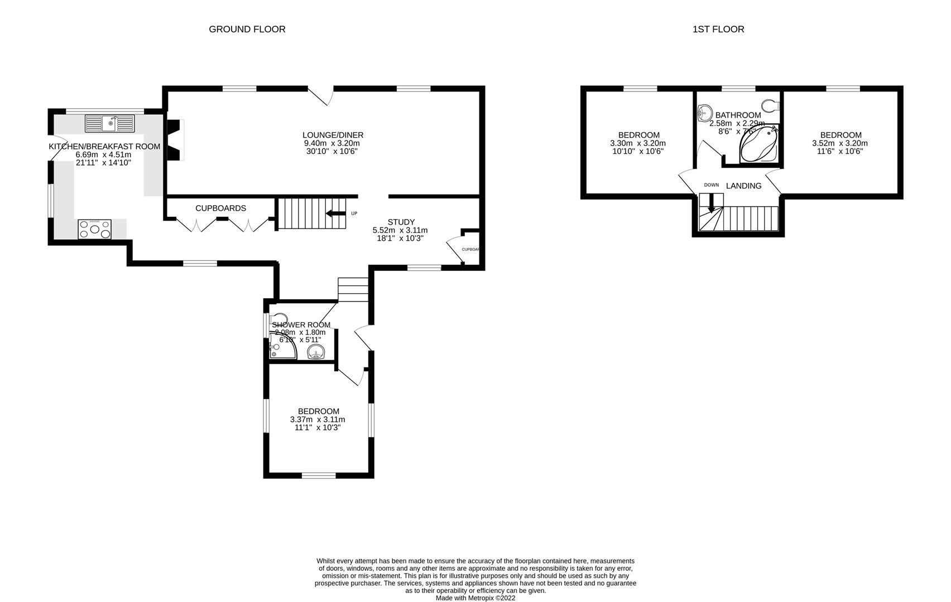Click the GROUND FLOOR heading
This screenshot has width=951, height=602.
tap(247, 29)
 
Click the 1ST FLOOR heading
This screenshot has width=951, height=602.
tap(718, 29)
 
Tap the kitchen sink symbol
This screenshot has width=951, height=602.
tap(110, 123)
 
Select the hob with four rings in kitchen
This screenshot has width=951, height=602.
tap(94, 229)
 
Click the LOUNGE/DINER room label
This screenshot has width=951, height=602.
tap(333, 135)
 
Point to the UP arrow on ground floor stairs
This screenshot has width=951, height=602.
tap(336, 213)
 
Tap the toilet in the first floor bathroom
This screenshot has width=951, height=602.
tap(771, 105)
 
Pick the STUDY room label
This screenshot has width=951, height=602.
tap(401, 222)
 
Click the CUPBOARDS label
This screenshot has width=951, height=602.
tap(220, 208)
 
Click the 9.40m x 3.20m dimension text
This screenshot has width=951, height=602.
tap(333, 143)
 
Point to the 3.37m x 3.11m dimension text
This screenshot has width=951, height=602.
tap(318, 420)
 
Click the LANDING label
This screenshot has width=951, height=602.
tap(743, 186)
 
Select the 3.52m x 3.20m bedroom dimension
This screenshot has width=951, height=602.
tap(840, 143)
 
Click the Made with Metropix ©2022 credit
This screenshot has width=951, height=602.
tap(475, 598)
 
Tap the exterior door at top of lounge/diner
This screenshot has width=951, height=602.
tap(321, 95)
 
